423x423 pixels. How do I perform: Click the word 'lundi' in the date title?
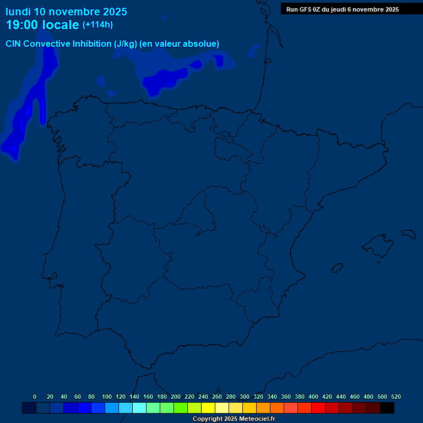pos(18,12)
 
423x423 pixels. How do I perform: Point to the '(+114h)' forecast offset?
pos(97,25)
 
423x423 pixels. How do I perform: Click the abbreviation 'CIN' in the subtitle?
pos(13,44)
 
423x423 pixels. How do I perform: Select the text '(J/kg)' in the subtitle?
pos(125,44)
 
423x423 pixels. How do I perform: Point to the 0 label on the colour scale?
pos(35,397)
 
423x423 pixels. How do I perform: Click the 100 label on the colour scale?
pos(107,397)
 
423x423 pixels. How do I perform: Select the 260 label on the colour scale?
pos(217,397)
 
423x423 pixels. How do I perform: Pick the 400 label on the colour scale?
pos(313,397)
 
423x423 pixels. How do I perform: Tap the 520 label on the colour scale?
pos(395,397)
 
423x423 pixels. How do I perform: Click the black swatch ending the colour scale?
pos(387,408)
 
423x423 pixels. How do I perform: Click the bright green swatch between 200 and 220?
pos(181,408)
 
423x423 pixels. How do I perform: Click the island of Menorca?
pos(408,234)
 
